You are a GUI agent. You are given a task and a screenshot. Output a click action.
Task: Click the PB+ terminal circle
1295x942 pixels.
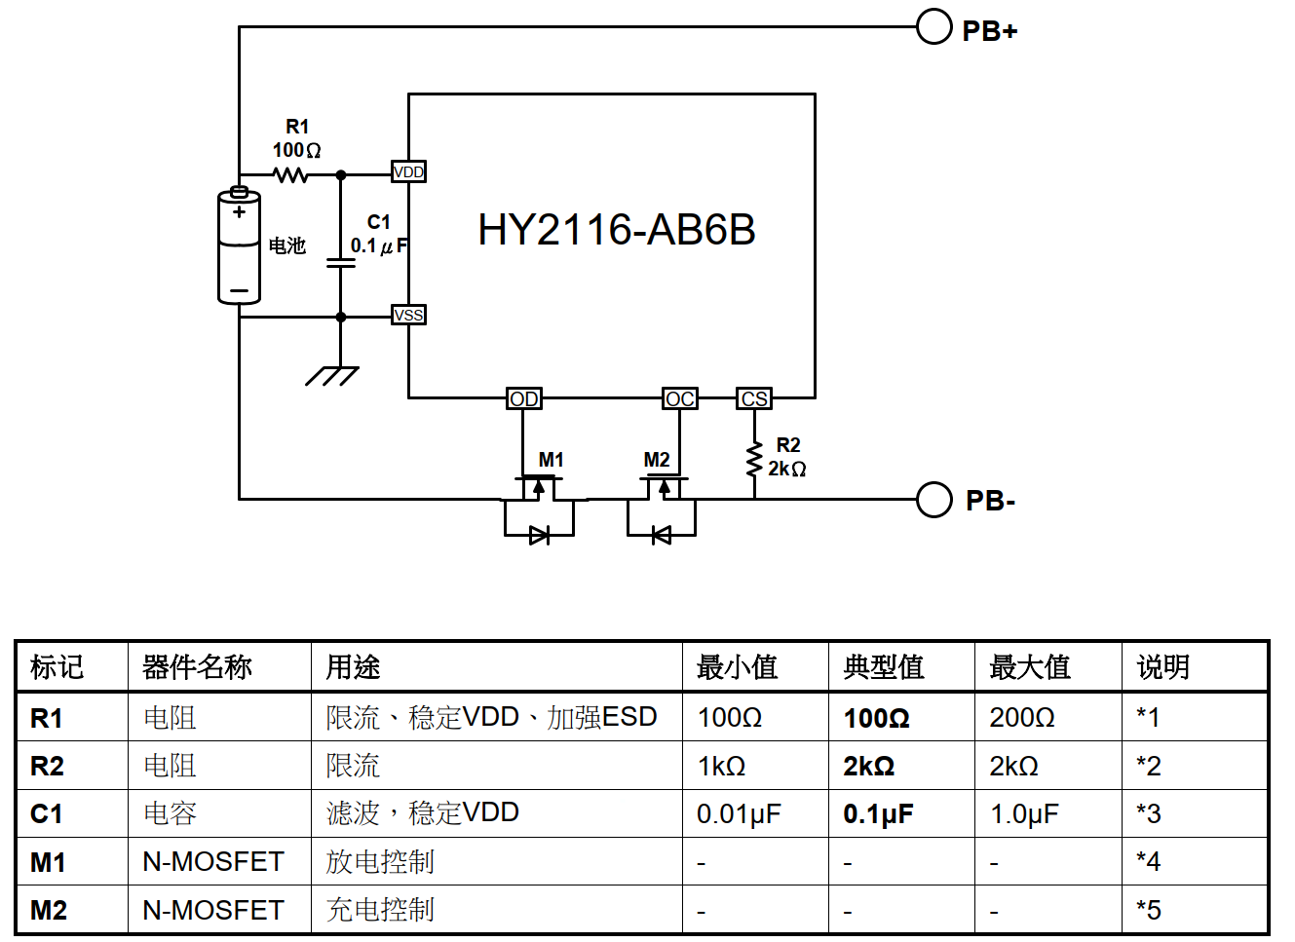pos(933,26)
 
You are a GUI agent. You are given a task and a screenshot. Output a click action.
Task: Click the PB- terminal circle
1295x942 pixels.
pos(933,500)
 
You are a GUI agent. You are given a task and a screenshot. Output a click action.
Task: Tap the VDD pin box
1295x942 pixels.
pos(408,171)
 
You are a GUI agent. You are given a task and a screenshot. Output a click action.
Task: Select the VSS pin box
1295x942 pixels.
pos(408,315)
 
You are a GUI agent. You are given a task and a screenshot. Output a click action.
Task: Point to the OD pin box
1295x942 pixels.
pos(524,398)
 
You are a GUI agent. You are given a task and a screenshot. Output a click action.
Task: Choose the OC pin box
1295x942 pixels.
pos(680,398)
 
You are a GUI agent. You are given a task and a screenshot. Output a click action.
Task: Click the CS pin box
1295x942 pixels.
pos(754,398)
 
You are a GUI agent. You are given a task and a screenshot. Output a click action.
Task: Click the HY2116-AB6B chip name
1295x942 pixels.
pos(616,230)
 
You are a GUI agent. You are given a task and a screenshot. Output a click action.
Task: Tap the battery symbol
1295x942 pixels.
pos(239,245)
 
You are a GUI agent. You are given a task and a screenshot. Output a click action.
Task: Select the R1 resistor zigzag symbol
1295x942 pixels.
pos(290,174)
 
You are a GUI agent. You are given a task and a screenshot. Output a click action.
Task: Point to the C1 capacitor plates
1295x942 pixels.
pos(340,263)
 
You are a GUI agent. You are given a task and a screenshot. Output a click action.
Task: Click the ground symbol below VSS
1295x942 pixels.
pos(332,376)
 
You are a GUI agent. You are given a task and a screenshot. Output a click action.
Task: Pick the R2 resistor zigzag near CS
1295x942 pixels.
pos(754,460)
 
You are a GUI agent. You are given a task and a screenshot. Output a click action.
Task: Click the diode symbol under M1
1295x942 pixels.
pos(540,535)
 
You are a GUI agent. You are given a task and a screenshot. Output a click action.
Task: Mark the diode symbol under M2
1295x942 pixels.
pos(662,535)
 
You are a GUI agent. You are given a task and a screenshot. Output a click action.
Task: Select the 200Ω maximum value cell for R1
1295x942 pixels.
pos(1021,718)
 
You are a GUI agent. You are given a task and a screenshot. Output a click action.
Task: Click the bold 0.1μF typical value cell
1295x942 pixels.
pos(878,813)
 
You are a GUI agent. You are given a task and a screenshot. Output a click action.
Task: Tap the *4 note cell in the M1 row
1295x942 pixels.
pos(1148,861)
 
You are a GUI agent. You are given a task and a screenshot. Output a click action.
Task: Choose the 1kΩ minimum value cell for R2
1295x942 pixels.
pos(721,767)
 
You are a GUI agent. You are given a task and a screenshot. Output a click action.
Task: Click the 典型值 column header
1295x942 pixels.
pos(884,667)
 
